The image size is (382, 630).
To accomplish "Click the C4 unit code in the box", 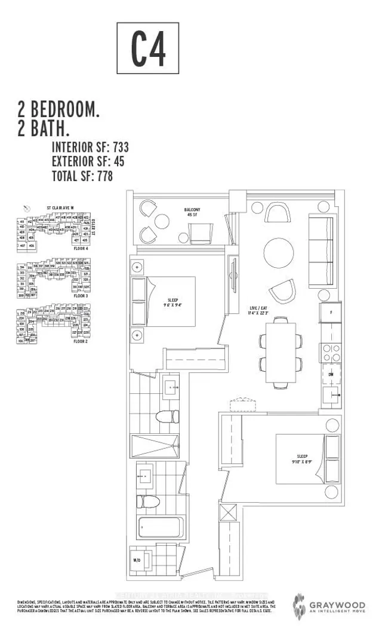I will [147, 52].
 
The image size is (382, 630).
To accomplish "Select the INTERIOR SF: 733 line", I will [90, 147].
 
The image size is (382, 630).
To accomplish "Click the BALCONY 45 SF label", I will [192, 212].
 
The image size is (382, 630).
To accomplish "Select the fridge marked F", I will [330, 312].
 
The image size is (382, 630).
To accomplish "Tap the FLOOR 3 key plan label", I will [81, 296].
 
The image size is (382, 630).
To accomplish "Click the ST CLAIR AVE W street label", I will [60, 209].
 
